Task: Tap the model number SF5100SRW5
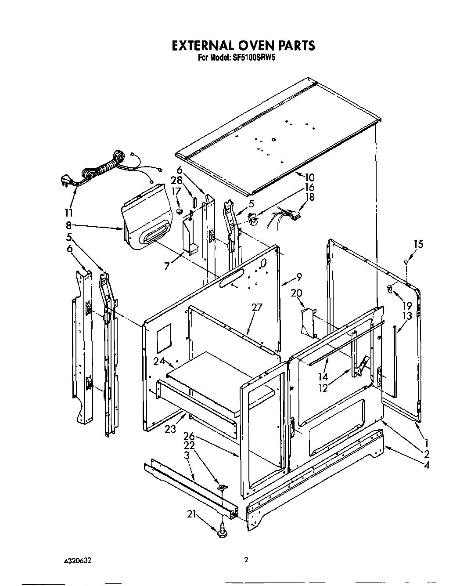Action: tap(251, 58)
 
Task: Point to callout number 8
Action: tap(68, 226)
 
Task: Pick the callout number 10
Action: tap(309, 177)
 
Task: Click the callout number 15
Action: tap(418, 244)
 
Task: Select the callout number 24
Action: tap(158, 361)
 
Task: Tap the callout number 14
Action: tap(323, 376)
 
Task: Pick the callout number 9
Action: tap(298, 277)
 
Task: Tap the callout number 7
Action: tap(166, 267)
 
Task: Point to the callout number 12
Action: tap(323, 388)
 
